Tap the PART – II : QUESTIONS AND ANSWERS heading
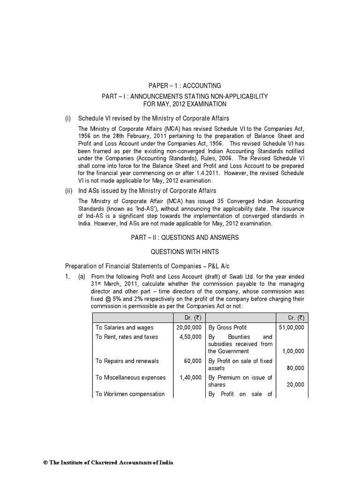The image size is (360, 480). tap(185, 238)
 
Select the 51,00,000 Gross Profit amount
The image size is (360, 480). tap(291, 327)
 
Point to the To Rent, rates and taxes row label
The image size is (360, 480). tap(127, 337)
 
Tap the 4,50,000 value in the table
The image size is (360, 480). tap(191, 337)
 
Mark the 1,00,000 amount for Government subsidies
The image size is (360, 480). tap(293, 351)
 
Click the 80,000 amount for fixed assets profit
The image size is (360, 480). tap(296, 368)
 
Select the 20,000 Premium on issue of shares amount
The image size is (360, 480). tap(296, 384)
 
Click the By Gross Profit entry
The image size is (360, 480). tap(227, 327)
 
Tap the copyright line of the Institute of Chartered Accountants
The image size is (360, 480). tap(108, 463)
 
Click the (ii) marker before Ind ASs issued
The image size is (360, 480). tap(68, 191)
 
